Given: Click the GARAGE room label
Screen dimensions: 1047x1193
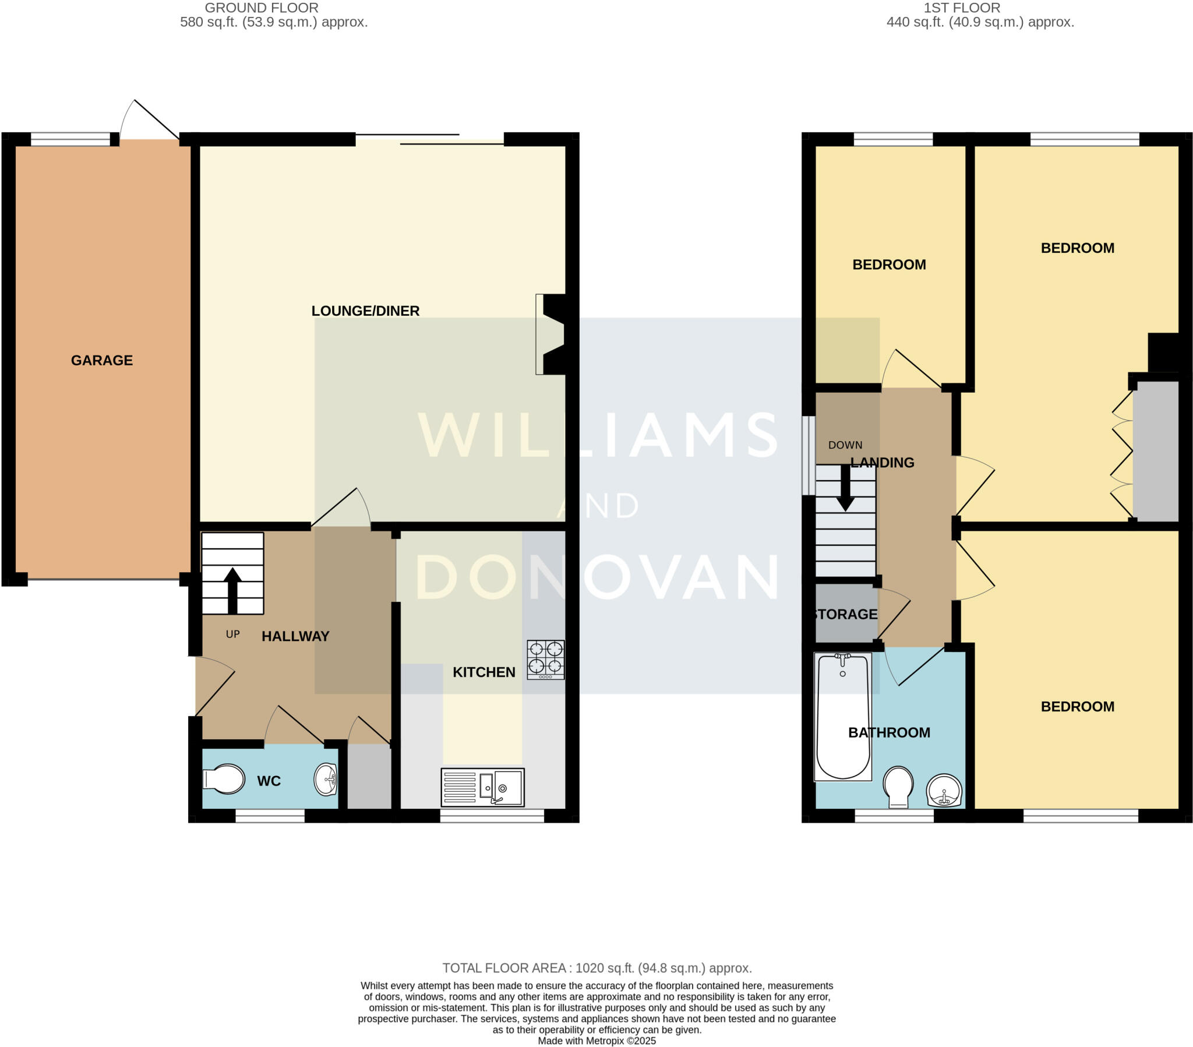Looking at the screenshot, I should [x=101, y=360].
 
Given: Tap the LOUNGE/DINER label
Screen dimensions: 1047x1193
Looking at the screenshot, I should [x=365, y=311].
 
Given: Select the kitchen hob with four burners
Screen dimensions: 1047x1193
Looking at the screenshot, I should [x=545, y=660].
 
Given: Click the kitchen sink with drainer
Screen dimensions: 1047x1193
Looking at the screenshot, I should [x=482, y=787].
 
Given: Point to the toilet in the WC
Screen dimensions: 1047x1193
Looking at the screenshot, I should [x=224, y=779].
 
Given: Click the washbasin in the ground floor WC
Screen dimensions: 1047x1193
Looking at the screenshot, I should [x=326, y=780].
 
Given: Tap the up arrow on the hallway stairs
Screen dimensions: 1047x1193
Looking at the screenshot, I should [x=232, y=590].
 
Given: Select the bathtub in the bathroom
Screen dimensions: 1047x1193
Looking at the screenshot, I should [x=842, y=717].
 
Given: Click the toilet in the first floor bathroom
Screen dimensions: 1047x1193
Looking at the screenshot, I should [x=898, y=786].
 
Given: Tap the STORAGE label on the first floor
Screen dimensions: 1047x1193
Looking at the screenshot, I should [x=846, y=614].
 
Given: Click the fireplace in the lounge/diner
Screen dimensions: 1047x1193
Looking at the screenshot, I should [x=551, y=334].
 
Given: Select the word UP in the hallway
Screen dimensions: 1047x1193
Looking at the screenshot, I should [x=233, y=634].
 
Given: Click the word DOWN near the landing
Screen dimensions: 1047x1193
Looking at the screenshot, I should [x=845, y=445].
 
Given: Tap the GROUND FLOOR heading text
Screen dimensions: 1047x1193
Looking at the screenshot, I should [x=262, y=8].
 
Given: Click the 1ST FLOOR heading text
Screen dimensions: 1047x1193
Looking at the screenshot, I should [x=961, y=8].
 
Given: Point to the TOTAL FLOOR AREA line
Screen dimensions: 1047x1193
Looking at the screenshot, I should [x=596, y=968].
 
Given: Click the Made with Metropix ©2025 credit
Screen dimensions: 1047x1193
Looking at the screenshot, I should [x=596, y=1041].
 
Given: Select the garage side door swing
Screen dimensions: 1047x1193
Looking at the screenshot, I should [x=149, y=119].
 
